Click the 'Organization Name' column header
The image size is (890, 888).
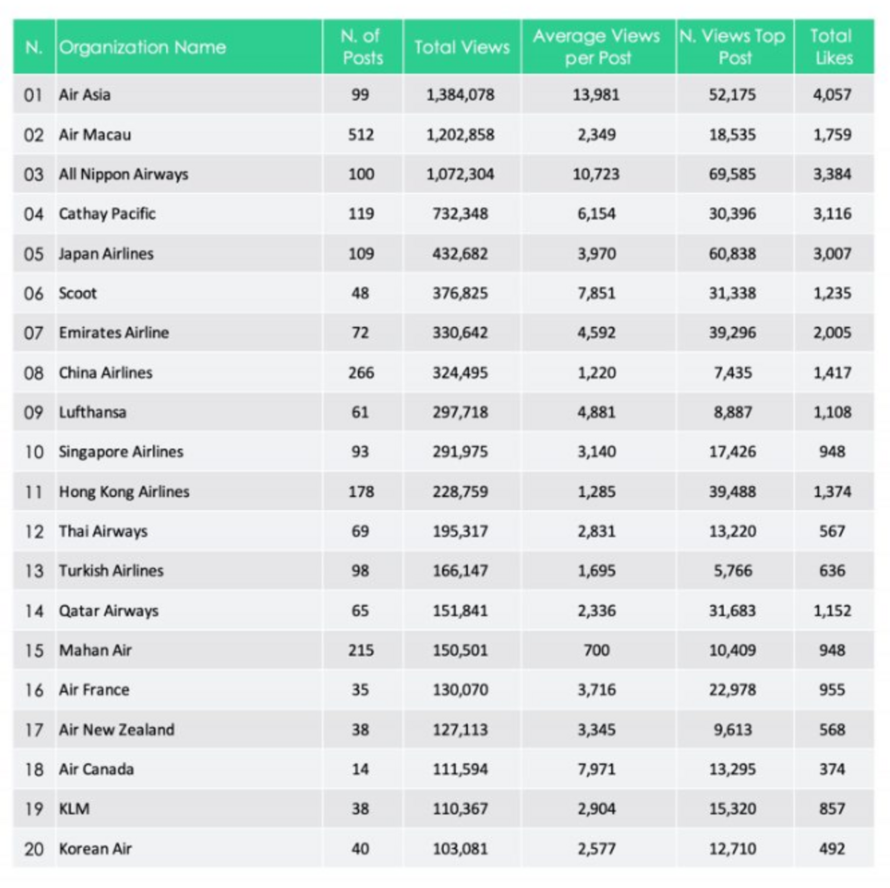click(142, 47)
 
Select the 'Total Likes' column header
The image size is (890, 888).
click(832, 47)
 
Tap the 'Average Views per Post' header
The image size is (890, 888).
click(597, 47)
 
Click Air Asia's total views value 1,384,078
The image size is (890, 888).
click(460, 94)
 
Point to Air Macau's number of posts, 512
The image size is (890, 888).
click(360, 134)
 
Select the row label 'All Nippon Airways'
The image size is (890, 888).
click(123, 174)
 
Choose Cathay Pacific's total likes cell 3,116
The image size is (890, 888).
click(832, 214)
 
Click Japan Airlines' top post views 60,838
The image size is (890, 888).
click(732, 254)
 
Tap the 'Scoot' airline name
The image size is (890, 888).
click(78, 293)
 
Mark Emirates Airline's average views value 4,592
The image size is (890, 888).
click(596, 333)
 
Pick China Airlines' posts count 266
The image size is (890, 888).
click(361, 372)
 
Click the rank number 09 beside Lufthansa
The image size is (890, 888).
click(33, 412)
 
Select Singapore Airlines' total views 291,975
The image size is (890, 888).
click(460, 452)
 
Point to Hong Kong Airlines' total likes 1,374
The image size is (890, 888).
click(832, 492)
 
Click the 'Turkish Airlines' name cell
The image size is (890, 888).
click(111, 571)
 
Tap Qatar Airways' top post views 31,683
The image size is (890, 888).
click(732, 611)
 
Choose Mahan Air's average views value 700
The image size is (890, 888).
click(596, 650)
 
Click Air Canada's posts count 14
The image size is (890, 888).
click(360, 770)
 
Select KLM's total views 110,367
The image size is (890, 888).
click(460, 809)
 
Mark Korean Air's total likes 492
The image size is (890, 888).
click(832, 849)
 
